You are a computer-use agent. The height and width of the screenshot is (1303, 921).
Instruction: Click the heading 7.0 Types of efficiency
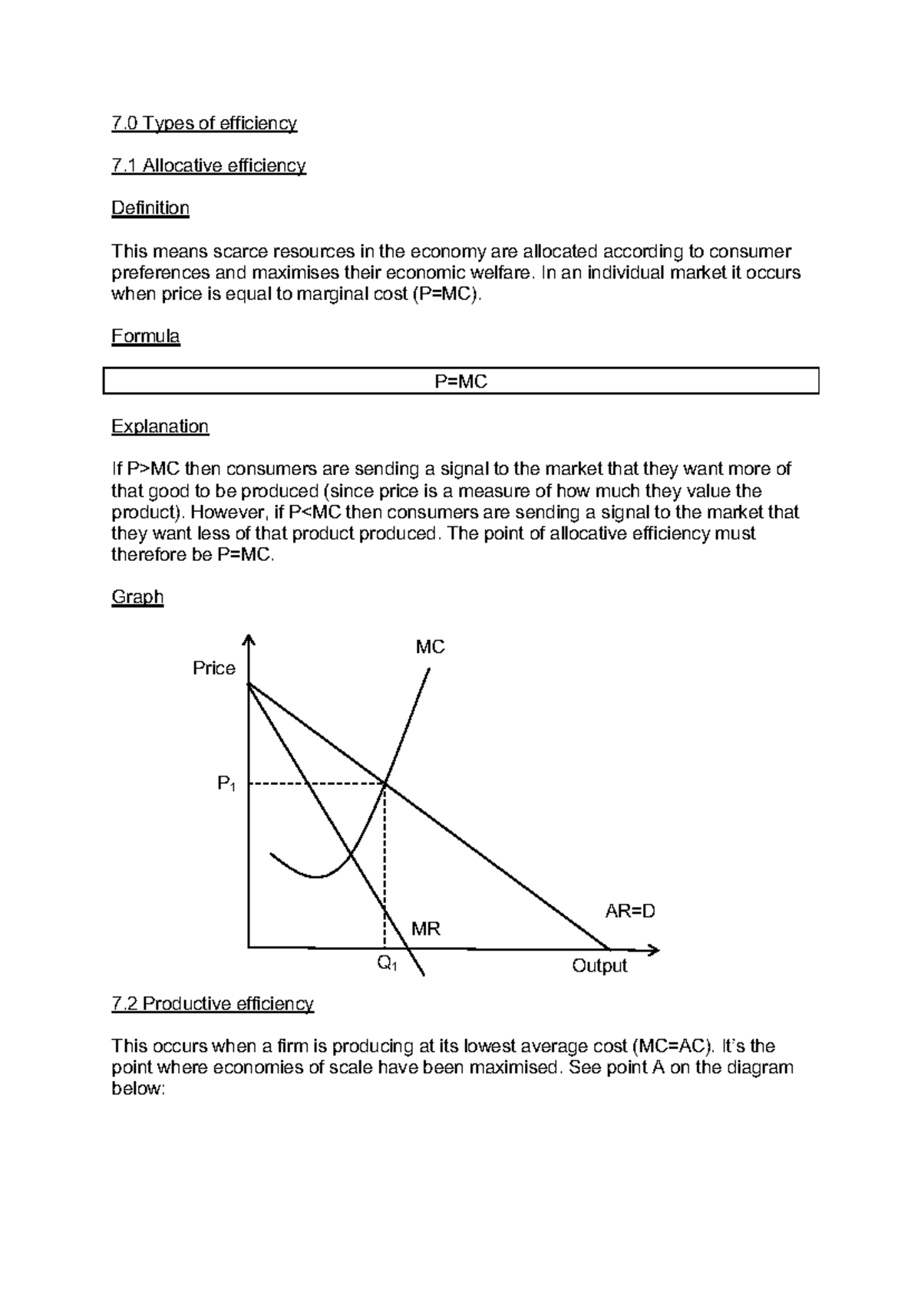[x=203, y=124]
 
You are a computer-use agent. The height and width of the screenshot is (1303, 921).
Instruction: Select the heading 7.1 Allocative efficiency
[x=208, y=166]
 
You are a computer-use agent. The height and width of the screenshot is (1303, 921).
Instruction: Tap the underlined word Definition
[x=150, y=208]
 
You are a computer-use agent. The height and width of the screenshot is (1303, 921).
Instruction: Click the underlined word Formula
[x=145, y=336]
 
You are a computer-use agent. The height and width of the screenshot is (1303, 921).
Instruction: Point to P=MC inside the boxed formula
[x=460, y=381]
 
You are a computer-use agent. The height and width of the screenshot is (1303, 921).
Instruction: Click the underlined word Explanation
[x=160, y=427]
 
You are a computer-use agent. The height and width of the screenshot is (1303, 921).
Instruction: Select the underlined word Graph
[x=137, y=597]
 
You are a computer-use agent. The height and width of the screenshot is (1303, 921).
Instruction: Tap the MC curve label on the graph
[x=430, y=647]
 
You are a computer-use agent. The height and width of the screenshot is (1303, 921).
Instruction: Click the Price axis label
[x=213, y=668]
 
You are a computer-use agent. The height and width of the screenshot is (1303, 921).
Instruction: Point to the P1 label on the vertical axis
[x=226, y=784]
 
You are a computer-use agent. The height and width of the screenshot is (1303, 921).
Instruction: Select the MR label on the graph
[x=425, y=929]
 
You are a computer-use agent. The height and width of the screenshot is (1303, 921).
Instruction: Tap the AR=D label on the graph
[x=630, y=912]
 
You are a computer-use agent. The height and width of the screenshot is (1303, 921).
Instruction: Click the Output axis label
[x=599, y=966]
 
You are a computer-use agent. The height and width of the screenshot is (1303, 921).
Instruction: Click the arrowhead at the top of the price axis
[x=248, y=640]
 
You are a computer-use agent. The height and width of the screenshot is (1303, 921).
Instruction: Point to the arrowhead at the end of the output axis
[x=654, y=950]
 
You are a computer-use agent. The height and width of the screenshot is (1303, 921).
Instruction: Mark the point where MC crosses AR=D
[x=385, y=783]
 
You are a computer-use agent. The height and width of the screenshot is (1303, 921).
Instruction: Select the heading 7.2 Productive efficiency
[x=213, y=1004]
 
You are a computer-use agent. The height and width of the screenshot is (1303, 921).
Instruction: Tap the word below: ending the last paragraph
[x=138, y=1090]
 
